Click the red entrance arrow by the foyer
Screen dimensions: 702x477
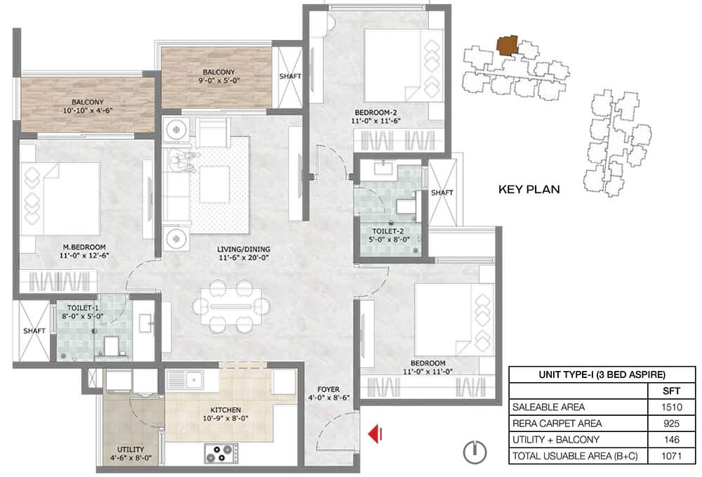tap(375, 433)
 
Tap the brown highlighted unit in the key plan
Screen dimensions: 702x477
tap(507, 46)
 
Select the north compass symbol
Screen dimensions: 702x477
tap(475, 452)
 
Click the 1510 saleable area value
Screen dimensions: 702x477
tap(672, 407)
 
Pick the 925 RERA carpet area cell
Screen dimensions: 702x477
tap(672, 423)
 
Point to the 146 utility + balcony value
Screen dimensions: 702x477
tap(672, 439)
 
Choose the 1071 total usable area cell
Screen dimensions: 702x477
tap(672, 456)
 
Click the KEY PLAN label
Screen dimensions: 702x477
tap(529, 190)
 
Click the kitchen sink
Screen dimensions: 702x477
tap(192, 380)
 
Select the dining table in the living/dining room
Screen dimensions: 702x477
tap(231, 306)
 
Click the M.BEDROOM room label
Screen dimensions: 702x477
tap(85, 247)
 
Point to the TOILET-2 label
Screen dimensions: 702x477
tap(388, 231)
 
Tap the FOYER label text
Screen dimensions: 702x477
tap(329, 390)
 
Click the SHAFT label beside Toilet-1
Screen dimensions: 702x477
tap(34, 331)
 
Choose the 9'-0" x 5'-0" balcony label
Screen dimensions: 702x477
tap(219, 81)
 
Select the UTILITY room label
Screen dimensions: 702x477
tap(131, 449)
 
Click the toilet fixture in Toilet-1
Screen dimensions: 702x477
tap(112, 346)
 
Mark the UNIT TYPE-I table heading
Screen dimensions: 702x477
tap(602, 374)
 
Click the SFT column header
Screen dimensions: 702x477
tap(672, 391)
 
